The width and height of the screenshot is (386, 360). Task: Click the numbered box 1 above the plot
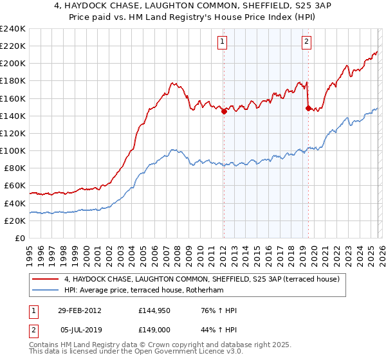coord(223,42)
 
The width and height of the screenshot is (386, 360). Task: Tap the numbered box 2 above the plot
coord(306,42)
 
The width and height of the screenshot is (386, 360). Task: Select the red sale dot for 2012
coord(224,111)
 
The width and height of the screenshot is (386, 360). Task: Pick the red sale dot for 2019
coord(308,108)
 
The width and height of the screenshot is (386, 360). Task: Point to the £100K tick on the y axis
coord(13,150)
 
